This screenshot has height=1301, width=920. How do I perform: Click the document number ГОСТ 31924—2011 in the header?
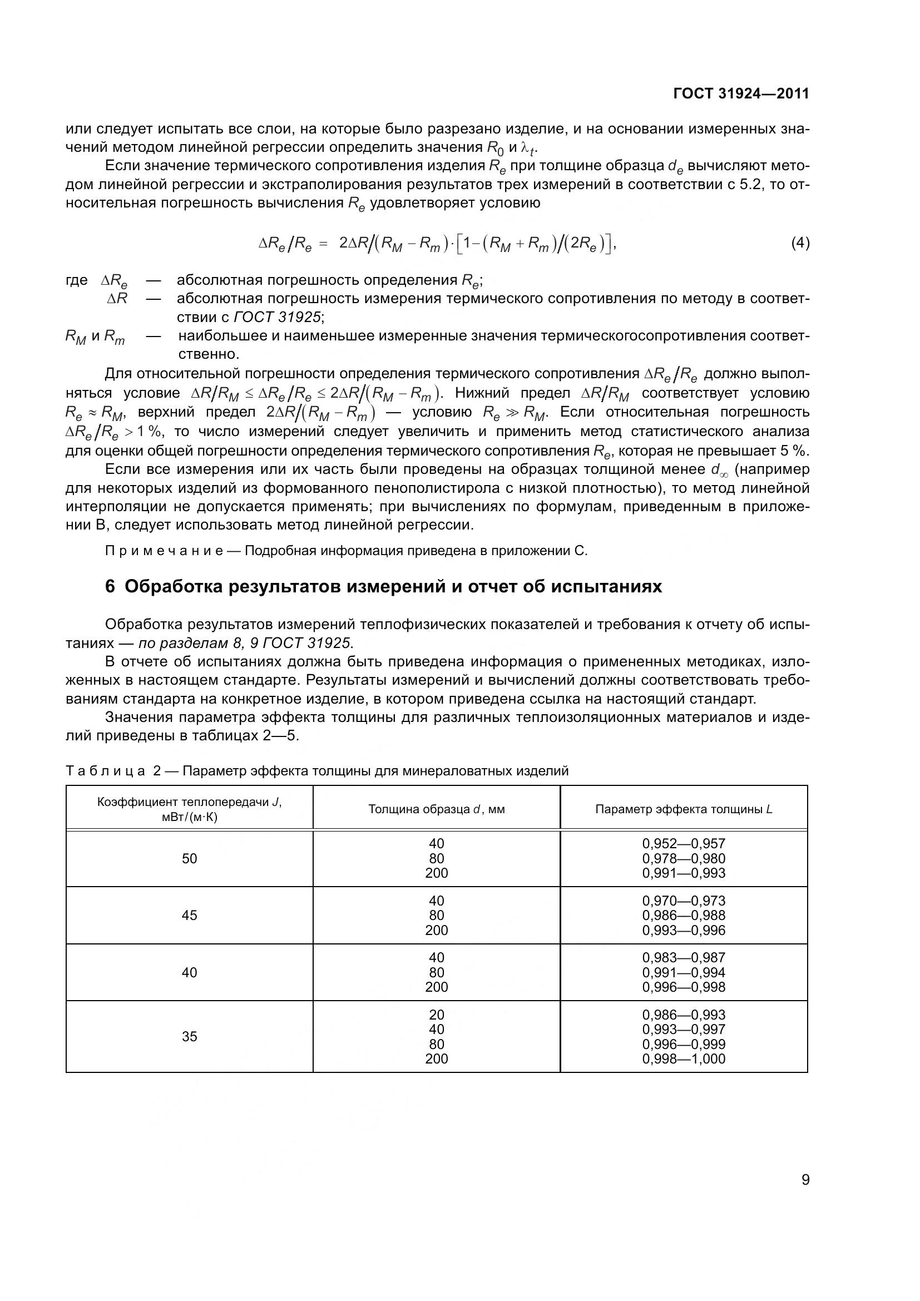741,94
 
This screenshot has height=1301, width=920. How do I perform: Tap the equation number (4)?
800,243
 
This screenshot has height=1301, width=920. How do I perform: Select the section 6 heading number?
110,586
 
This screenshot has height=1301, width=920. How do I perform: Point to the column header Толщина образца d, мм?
436,809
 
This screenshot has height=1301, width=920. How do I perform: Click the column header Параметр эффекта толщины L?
684,809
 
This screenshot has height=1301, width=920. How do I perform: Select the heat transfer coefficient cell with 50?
189,858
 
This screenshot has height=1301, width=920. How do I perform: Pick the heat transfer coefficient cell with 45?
189,915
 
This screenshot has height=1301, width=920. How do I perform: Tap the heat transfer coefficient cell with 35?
189,1036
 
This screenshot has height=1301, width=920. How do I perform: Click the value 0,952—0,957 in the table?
684,844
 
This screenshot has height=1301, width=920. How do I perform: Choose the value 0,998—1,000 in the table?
684,1058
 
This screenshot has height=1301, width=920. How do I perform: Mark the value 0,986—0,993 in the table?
684,1015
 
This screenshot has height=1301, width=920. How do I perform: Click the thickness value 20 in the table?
436,1015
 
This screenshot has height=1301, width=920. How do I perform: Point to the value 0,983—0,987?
684,958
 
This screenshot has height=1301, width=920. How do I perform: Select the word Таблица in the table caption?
105,770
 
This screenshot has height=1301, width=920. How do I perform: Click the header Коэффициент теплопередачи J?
189,803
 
